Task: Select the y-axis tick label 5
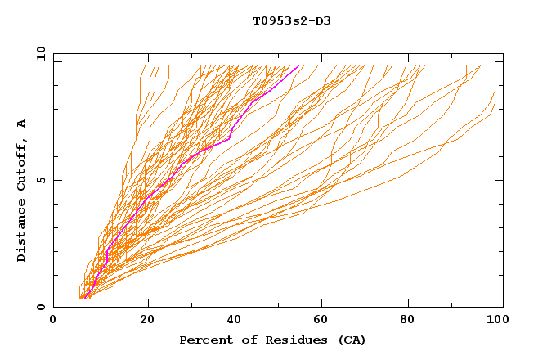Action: (40, 180)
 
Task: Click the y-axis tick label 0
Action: (40, 307)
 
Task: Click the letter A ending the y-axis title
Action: (21, 123)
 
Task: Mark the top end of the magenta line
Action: (299, 65)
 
